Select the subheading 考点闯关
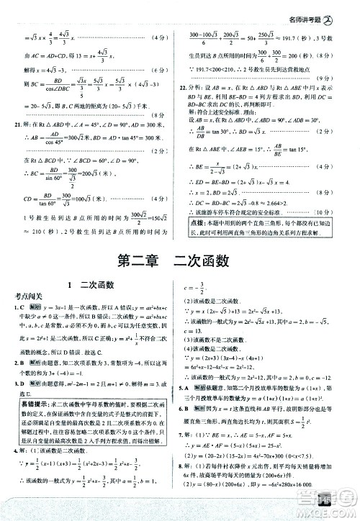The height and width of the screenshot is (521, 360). pos(27,299)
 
